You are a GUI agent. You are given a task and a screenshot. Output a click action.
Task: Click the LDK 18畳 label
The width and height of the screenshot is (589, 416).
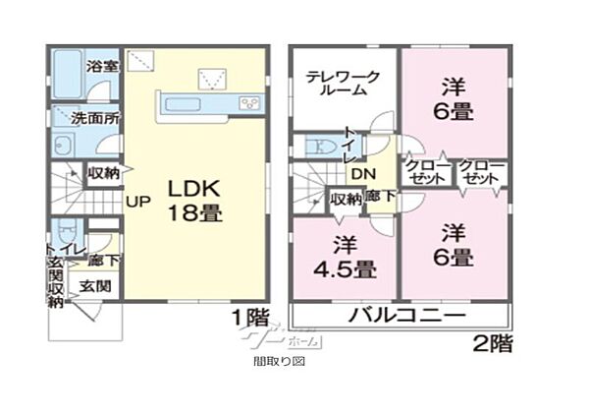[194, 200]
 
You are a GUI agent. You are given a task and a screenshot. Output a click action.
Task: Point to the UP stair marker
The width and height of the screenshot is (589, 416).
[136, 202]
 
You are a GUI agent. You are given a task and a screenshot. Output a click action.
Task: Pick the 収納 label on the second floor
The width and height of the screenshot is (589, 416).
[345, 200]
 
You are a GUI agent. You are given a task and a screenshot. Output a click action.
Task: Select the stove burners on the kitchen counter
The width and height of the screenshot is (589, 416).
[246, 103]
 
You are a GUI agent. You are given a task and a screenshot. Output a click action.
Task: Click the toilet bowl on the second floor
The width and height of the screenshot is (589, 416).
[319, 148]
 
